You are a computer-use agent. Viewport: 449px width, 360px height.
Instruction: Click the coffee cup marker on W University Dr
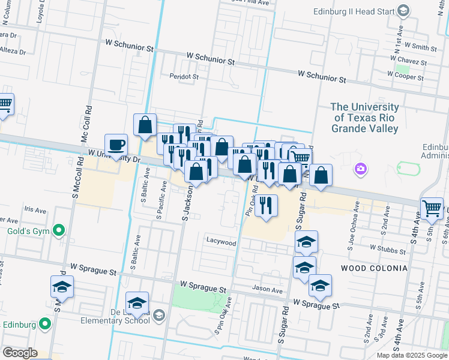pyautogui.click(x=116, y=145)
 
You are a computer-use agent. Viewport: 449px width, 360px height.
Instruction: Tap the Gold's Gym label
pyautogui.click(x=26, y=231)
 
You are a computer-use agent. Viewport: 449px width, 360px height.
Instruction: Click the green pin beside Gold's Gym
pyautogui.click(x=59, y=230)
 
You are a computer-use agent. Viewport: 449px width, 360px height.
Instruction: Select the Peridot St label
pyautogui.click(x=184, y=77)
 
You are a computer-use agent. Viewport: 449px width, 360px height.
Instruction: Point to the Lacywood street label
pyautogui.click(x=221, y=242)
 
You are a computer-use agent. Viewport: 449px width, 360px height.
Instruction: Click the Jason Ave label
pyautogui.click(x=268, y=290)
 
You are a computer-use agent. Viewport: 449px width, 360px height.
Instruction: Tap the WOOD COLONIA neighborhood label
pyautogui.click(x=374, y=268)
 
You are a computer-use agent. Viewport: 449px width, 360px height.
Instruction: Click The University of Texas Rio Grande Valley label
pyautogui.click(x=364, y=118)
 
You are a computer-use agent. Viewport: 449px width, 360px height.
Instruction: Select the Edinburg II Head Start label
pyautogui.click(x=353, y=11)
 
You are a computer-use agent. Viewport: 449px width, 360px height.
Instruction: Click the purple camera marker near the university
pyautogui.click(x=361, y=169)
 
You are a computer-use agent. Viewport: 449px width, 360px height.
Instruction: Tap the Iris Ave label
pyautogui.click(x=35, y=210)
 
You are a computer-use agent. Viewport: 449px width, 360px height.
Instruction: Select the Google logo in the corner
pyautogui.click(x=20, y=353)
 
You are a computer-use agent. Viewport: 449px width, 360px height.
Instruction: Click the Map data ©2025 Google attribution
pyautogui.click(x=411, y=355)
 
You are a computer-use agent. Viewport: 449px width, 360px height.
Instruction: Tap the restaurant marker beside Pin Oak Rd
pyautogui.click(x=265, y=205)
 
